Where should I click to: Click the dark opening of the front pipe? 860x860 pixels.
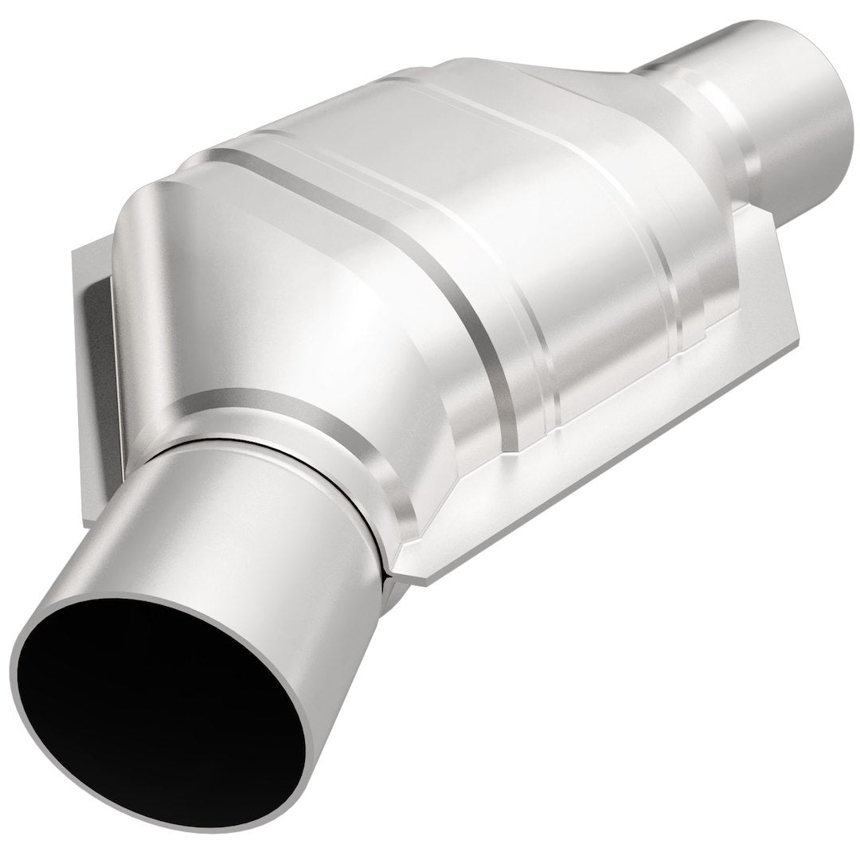(167, 701)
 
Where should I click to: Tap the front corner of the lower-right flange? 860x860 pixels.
(422, 573)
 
